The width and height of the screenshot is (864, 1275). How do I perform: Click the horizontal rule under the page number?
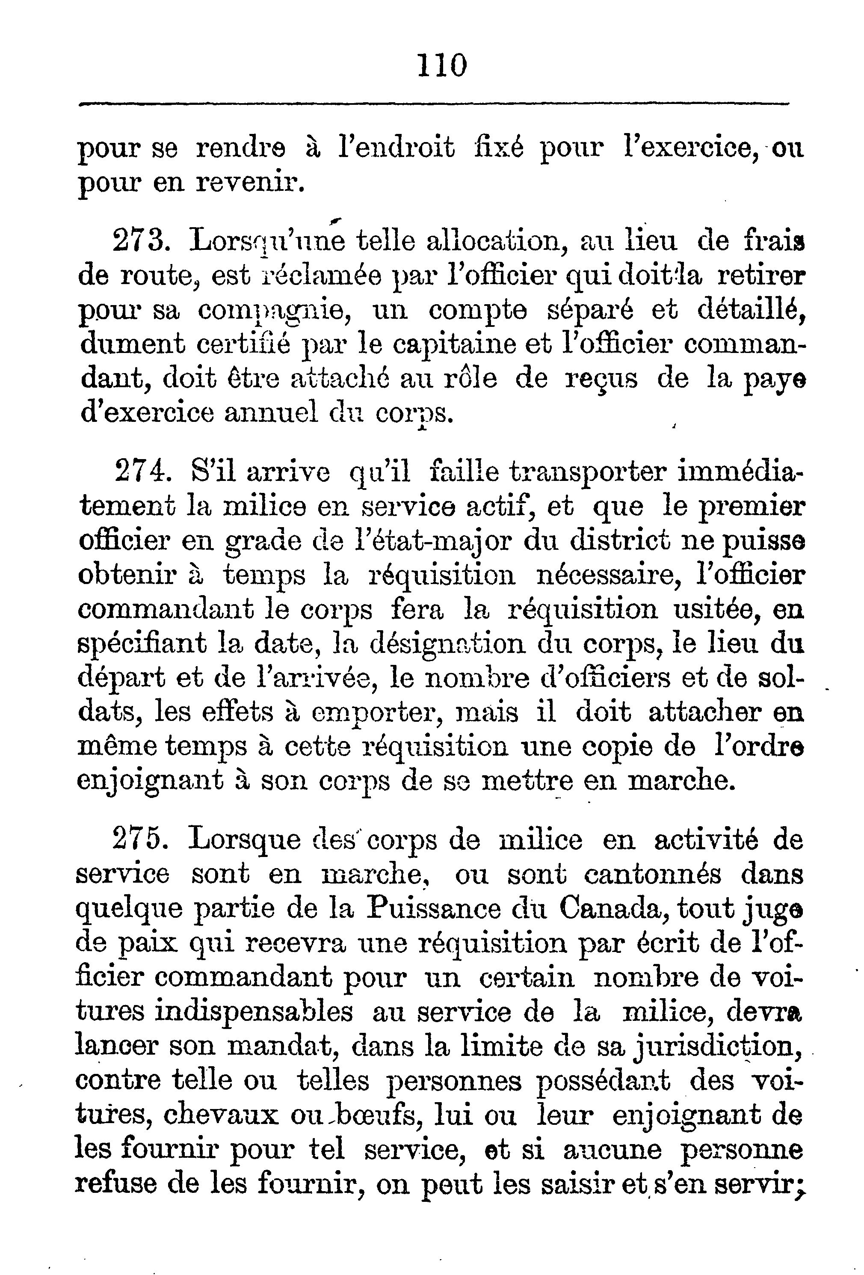(x=433, y=103)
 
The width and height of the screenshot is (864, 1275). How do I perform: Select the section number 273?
(x=139, y=241)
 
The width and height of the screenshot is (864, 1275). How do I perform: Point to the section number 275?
(x=139, y=840)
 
